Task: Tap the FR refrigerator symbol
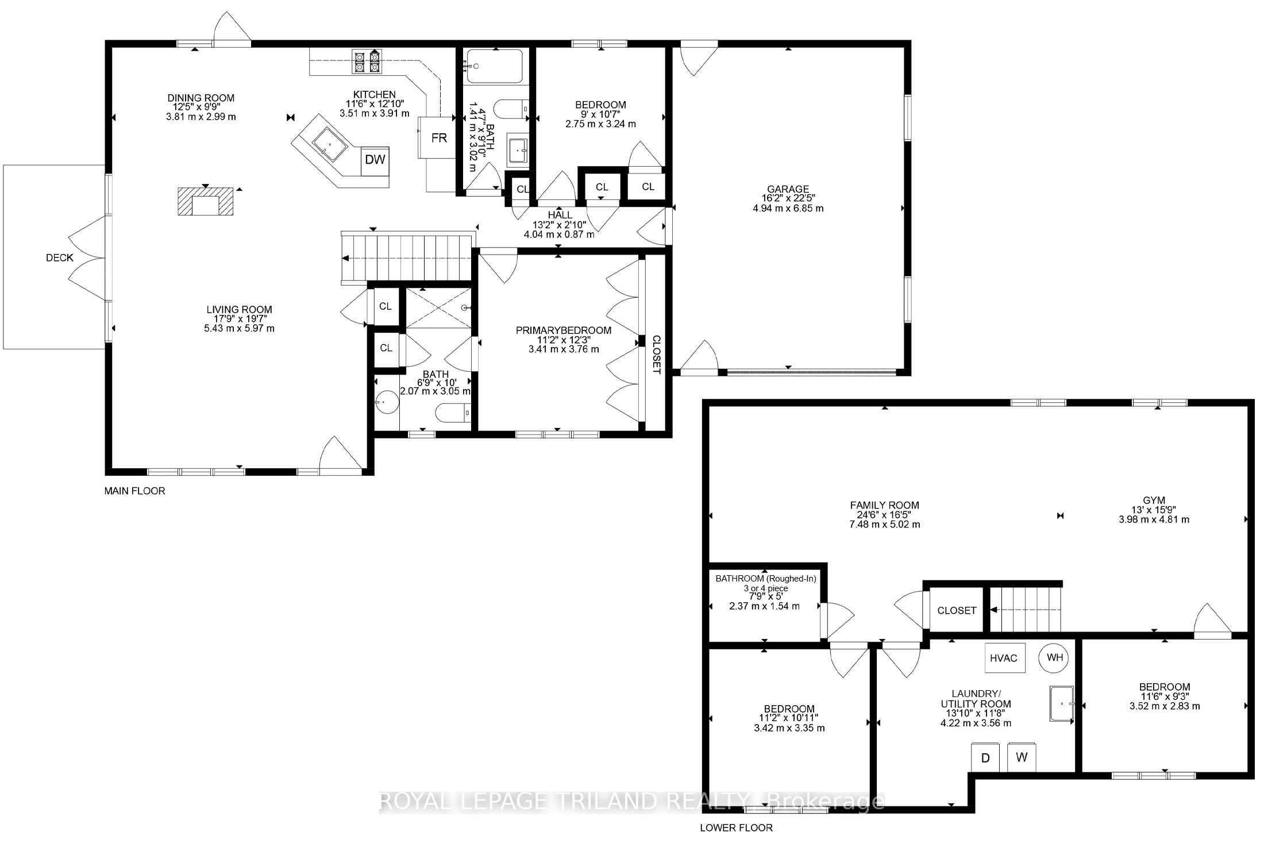pos(440,138)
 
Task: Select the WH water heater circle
pos(1054,657)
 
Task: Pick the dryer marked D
pos(985,758)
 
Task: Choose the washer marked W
pos(1022,757)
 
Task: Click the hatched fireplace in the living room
pos(206,201)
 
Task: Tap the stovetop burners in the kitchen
pos(367,62)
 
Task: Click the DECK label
pos(60,258)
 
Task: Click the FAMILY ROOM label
pos(885,506)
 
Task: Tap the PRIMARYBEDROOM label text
pos(564,330)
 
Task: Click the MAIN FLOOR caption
pos(134,491)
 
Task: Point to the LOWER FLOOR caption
pos(736,828)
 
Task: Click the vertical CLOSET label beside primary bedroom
pos(656,355)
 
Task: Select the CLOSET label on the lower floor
pos(957,610)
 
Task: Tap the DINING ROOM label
pos(201,98)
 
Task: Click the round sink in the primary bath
pos(387,402)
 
